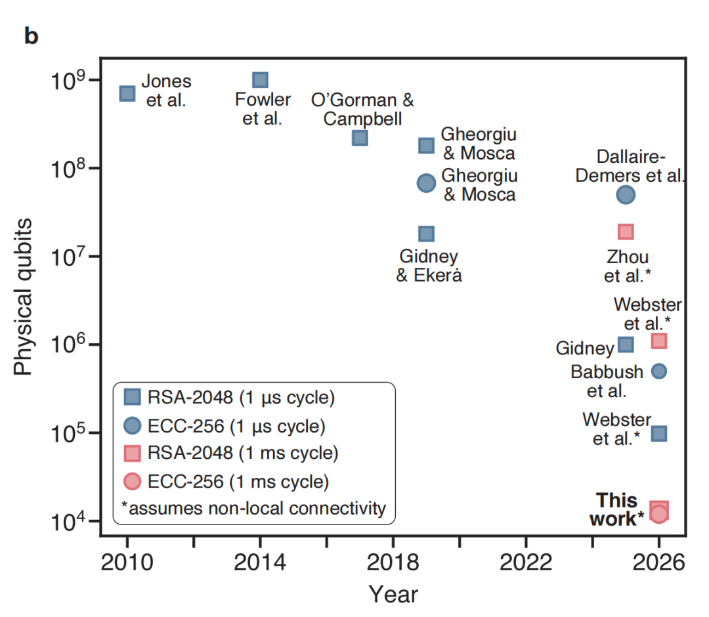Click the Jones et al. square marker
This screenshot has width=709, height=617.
tap(127, 93)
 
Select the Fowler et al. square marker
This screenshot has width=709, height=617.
tap(260, 80)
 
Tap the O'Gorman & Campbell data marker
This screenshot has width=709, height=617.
tap(360, 138)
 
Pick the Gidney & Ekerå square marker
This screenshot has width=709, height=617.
tap(426, 234)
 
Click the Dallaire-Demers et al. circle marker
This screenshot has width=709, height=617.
tap(626, 194)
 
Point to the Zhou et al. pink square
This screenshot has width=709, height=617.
tap(626, 232)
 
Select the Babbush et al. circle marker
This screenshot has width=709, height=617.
tap(659, 371)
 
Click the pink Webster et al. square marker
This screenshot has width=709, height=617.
tap(659, 341)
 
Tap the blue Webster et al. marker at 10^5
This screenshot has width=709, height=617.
tap(659, 433)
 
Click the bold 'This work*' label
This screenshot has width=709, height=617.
tap(617, 509)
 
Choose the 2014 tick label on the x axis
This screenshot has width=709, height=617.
tap(260, 563)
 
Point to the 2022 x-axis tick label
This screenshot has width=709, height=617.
tap(526, 563)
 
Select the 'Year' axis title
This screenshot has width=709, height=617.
tap(393, 594)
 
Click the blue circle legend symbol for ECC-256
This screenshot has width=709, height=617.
tap(133, 425)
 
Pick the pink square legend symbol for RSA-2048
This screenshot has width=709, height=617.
tap(133, 453)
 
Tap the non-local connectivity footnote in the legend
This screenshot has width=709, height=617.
tap(253, 508)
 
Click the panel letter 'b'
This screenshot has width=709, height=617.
tap(31, 36)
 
